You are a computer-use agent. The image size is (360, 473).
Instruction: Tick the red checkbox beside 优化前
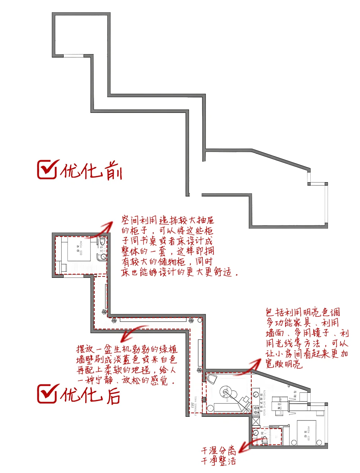[47, 170]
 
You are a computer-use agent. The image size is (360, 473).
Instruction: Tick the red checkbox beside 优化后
[47, 393]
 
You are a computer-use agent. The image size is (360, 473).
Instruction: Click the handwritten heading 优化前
[91, 171]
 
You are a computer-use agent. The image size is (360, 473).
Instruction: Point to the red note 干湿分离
[218, 450]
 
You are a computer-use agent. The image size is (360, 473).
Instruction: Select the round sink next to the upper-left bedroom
[103, 257]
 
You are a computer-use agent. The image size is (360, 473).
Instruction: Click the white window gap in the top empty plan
[74, 55]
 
